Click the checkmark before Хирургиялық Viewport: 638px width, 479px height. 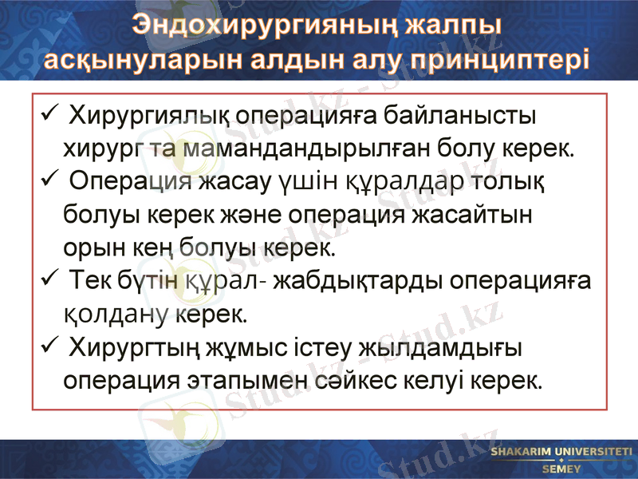point(48,113)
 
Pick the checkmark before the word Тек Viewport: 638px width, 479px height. point(48,279)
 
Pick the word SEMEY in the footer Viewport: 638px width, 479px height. point(561,469)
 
